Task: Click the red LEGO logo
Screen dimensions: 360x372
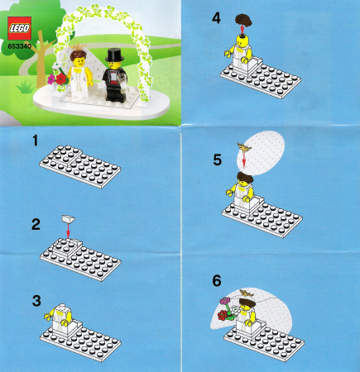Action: [19, 28]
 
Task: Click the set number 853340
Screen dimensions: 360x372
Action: [19, 46]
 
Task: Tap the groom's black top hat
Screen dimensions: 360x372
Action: [114, 55]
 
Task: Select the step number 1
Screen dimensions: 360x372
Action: [35, 141]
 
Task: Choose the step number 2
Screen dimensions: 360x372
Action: [36, 225]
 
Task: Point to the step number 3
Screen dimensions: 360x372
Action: [36, 301]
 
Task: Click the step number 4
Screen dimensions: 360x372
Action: [216, 18]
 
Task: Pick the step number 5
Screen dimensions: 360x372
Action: [218, 160]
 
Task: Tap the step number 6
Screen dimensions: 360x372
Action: [217, 281]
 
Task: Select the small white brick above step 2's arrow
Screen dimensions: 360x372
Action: [69, 219]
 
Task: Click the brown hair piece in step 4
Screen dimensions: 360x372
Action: [244, 21]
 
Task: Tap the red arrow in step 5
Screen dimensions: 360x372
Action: [244, 159]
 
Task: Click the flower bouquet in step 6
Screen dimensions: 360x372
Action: [228, 309]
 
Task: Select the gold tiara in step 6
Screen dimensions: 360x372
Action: [247, 293]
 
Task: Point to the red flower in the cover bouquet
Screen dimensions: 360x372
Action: [62, 79]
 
